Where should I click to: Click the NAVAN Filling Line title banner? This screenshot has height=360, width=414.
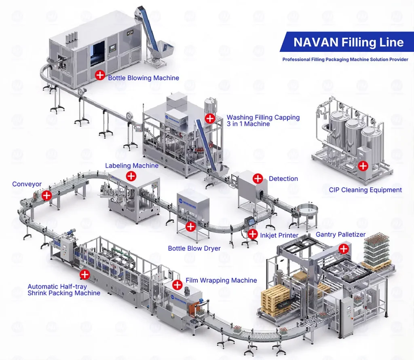[x=348, y=42]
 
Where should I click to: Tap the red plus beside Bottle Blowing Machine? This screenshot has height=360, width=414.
[x=100, y=75]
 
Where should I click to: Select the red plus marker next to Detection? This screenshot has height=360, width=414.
[x=258, y=178]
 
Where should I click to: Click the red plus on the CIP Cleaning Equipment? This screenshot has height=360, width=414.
[x=363, y=165]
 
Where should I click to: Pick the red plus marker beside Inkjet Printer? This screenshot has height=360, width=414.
[x=253, y=234]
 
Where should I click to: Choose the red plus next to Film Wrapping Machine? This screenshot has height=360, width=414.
[x=177, y=285]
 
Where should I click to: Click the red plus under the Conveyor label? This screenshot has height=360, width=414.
[x=47, y=195]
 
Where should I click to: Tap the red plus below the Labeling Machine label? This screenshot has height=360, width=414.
[x=131, y=176]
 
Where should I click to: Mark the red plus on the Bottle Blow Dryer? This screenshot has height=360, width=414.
[x=190, y=227]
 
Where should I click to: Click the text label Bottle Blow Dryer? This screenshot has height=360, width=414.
[x=194, y=248]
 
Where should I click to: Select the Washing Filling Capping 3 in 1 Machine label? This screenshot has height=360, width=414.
[x=263, y=121]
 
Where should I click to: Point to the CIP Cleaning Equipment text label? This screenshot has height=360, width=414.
[x=365, y=190]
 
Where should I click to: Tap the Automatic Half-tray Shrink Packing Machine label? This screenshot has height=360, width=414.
[x=64, y=290]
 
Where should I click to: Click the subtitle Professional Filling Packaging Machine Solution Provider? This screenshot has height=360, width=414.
[x=345, y=59]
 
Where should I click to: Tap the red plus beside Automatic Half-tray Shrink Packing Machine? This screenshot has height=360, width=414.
[x=84, y=275]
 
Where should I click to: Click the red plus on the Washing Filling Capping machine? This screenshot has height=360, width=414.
[x=210, y=118]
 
